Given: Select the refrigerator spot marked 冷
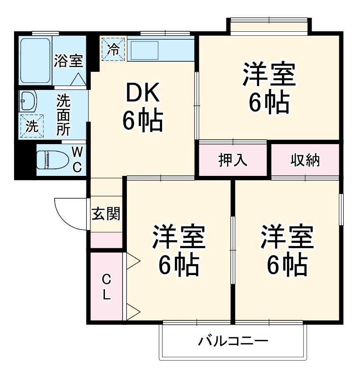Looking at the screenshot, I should click(113, 48).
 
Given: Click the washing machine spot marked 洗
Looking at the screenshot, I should click(31, 126).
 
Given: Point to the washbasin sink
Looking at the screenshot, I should click(27, 102).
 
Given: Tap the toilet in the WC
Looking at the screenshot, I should click(48, 159).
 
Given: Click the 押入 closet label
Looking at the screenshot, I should click(233, 160).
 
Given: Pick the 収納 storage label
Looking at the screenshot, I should click(304, 160).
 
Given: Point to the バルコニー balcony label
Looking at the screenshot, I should click(233, 341).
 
